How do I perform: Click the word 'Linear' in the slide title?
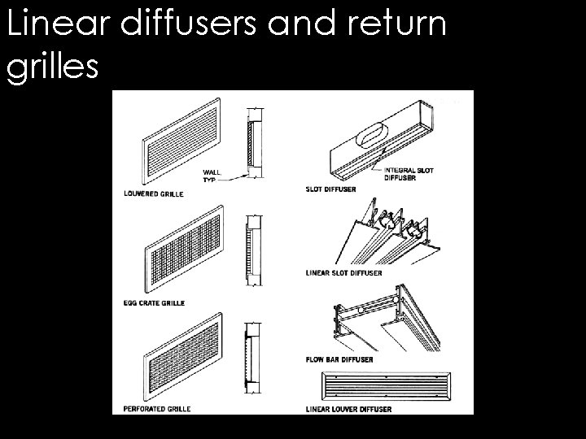(57, 25)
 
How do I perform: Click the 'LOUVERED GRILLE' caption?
(152, 194)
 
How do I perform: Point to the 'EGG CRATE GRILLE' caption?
(155, 302)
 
